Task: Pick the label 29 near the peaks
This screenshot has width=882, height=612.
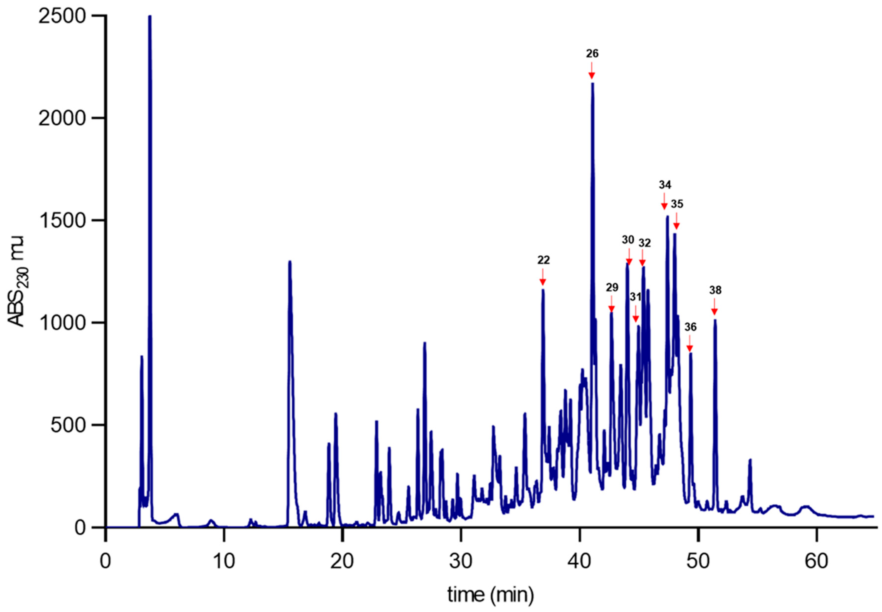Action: pos(612,288)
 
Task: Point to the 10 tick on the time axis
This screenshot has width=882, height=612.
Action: pos(224,562)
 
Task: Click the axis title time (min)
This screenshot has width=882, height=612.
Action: pos(490,595)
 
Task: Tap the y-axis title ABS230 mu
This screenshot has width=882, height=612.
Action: pos(16,281)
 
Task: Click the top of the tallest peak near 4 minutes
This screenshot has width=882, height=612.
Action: pos(150,17)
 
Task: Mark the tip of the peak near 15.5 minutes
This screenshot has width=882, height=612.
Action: pos(290,262)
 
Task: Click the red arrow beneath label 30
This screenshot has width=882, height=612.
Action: pos(629,256)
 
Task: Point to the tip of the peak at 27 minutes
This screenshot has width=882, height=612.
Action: pos(424,343)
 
